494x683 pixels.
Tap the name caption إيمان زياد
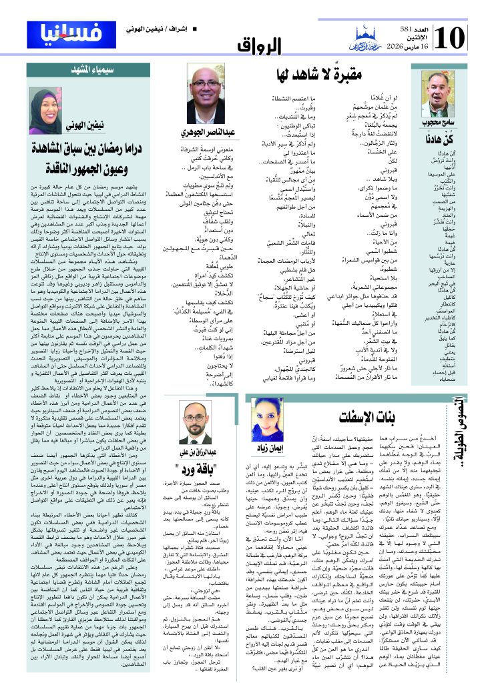coord(266,450)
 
